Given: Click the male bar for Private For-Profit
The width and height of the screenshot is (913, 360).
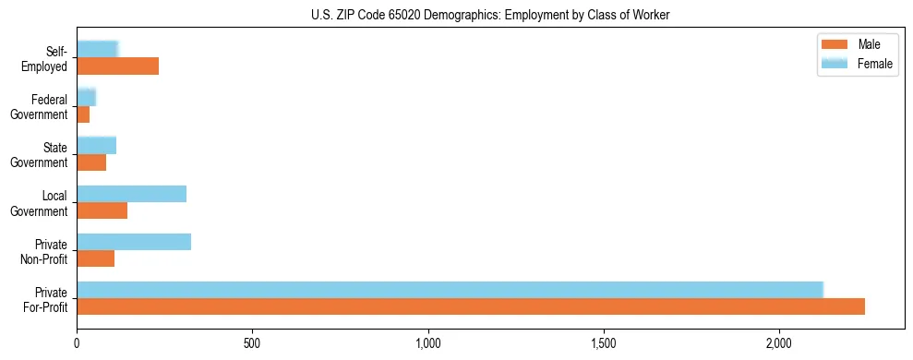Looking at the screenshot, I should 471,306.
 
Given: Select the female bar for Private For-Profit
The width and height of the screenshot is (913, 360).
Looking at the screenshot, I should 450,290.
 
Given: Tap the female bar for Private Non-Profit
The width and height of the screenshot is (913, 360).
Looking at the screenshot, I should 134,242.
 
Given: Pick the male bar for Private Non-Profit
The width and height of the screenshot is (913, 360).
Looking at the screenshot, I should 96,258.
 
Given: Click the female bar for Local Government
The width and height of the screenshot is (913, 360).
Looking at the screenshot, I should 132,194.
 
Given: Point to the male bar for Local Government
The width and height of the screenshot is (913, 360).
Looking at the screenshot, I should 102,210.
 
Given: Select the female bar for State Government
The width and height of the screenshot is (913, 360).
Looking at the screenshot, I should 97,146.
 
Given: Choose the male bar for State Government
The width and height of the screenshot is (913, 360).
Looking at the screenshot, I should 91,162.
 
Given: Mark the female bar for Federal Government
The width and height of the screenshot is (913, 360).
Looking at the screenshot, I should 87,98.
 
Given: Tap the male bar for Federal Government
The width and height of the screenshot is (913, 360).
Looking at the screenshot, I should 83,114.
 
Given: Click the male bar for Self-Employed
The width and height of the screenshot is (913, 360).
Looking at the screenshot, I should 118,66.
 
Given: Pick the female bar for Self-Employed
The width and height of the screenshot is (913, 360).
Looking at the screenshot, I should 98,50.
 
